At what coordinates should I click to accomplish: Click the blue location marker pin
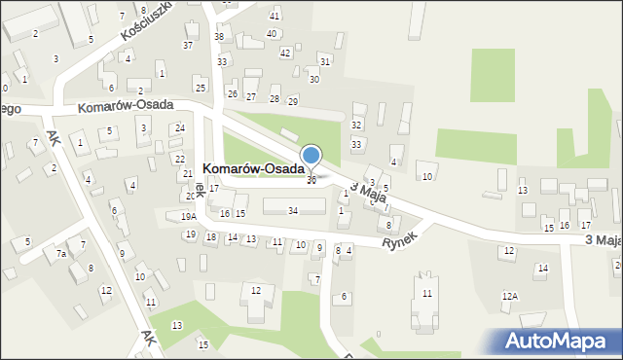tap(311, 156)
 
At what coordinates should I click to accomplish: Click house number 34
tap(293, 210)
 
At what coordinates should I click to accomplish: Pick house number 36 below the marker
tap(311, 180)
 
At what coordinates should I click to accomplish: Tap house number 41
tap(275, 17)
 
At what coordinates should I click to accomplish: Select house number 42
tap(284, 53)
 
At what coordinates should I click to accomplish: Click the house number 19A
tap(188, 217)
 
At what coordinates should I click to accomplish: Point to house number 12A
tap(509, 296)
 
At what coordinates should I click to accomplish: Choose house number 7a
tap(60, 254)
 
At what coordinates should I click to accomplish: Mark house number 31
tap(325, 61)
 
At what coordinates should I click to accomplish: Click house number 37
tap(188, 46)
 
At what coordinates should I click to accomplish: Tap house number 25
tap(200, 89)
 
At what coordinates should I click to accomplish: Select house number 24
tap(180, 128)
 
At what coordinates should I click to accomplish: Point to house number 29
tap(292, 101)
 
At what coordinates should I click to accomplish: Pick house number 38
tap(219, 37)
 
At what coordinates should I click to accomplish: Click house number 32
tap(356, 125)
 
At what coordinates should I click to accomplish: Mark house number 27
tap(251, 97)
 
